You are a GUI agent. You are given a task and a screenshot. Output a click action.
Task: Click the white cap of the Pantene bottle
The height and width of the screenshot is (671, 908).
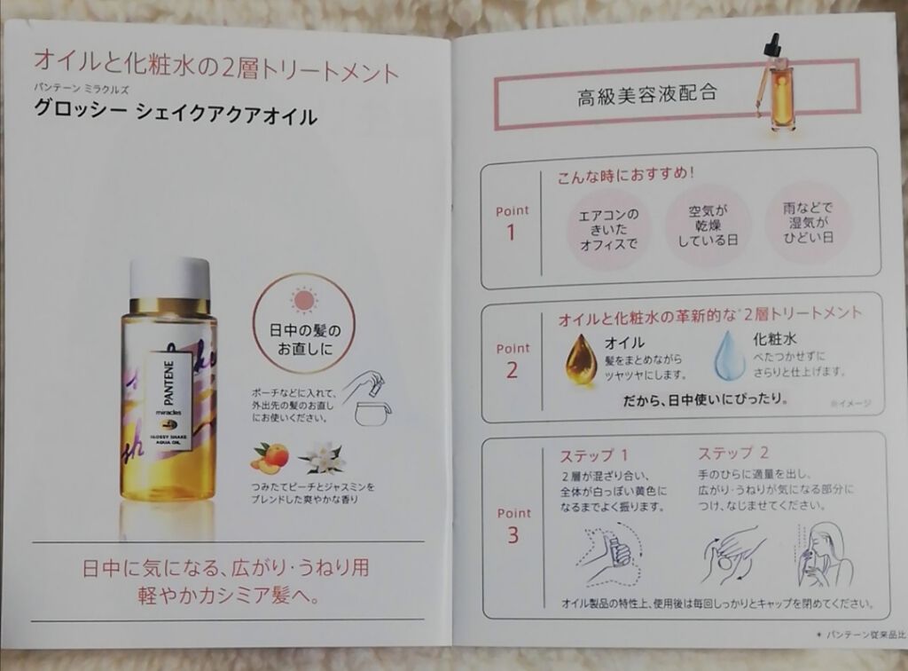point(169,277)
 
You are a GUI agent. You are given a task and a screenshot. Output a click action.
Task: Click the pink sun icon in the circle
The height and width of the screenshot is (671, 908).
point(303,301)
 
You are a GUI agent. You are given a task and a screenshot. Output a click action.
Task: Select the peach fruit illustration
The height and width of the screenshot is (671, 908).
point(271,458)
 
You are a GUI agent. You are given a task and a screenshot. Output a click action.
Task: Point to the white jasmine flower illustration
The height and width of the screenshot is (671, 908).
point(324,458)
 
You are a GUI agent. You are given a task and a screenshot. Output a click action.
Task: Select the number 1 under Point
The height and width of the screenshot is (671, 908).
point(512,233)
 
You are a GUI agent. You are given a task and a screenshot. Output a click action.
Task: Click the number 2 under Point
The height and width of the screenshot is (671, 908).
point(512,370)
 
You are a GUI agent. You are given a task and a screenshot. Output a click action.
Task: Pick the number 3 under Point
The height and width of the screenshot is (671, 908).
point(513,535)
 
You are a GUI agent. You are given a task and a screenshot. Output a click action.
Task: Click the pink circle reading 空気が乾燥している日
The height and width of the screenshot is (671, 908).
point(708,225)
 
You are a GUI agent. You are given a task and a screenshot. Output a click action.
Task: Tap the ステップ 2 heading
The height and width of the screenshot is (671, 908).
point(732,453)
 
